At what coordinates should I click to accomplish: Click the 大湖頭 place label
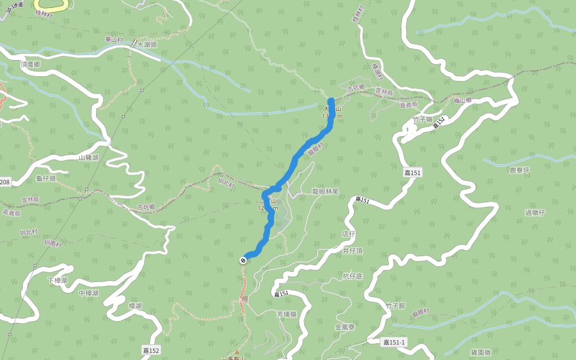click(x=147, y=44)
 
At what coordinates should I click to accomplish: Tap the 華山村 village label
click(x=113, y=40)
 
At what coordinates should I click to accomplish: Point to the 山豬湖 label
click(x=89, y=158)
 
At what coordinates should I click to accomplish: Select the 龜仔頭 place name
click(x=46, y=178)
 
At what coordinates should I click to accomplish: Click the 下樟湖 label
click(x=58, y=280)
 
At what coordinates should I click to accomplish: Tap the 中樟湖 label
click(x=89, y=293)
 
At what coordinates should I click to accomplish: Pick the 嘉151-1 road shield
click(x=394, y=342)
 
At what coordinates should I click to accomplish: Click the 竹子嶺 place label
click(x=422, y=119)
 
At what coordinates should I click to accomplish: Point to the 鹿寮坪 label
click(x=520, y=170)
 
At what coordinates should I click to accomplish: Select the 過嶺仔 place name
click(x=535, y=212)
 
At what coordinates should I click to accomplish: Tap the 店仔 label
click(x=349, y=233)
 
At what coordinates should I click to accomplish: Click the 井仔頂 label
click(x=353, y=251)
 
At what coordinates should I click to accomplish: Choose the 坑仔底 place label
click(x=353, y=276)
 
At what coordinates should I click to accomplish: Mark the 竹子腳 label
click(x=396, y=306)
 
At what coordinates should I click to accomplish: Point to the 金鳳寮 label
click(x=345, y=327)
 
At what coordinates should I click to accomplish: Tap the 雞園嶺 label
click(x=481, y=352)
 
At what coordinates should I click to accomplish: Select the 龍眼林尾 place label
click(x=325, y=191)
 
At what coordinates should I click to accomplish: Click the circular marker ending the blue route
click(x=243, y=260)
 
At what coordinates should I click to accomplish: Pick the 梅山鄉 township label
click(x=463, y=101)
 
